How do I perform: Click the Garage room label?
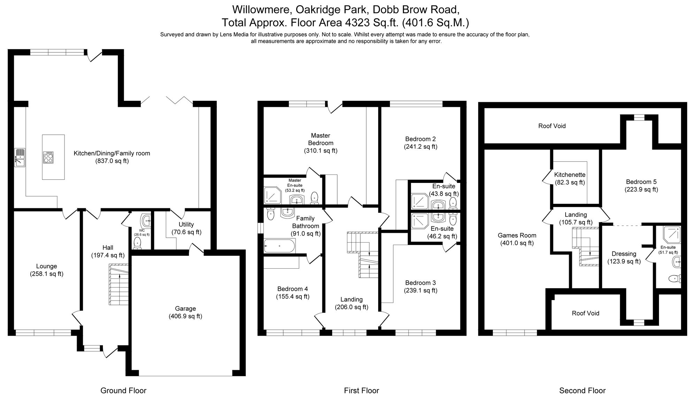coord(185,308)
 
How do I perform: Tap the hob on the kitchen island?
coord(48,157)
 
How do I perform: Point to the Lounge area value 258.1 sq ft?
coord(46,274)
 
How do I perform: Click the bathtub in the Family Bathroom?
coord(279,246)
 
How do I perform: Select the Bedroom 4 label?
coord(292,289)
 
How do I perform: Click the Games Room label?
coord(517,236)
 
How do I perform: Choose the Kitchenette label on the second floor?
coord(570,175)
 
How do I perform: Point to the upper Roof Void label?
coord(552,126)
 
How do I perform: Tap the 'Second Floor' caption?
coord(582,391)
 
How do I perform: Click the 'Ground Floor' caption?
coord(123,391)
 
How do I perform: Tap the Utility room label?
coord(186,224)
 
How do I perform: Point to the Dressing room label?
coord(624,254)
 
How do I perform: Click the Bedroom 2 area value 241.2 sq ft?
coord(420,147)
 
